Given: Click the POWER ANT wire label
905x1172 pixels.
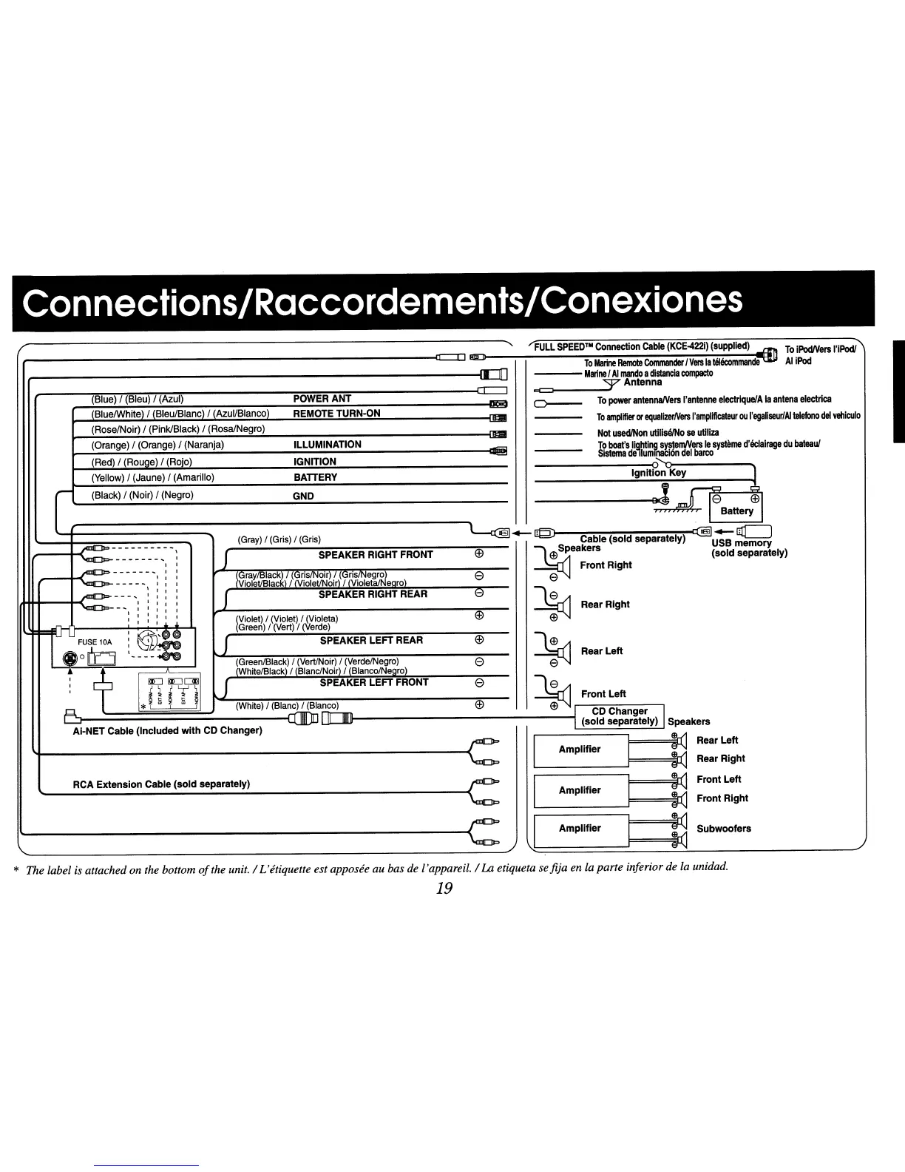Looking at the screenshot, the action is tap(322, 399).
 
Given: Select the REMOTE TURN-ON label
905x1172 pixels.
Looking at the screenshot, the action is tap(336, 414).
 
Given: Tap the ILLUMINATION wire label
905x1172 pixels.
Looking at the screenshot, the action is tap(327, 445).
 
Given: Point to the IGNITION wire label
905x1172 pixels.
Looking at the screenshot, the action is tap(315, 462).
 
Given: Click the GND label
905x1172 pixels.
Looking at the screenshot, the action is tap(304, 496).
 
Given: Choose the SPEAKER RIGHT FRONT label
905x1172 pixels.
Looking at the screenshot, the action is tap(376, 555).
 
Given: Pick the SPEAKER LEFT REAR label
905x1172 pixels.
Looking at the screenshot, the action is tap(371, 640).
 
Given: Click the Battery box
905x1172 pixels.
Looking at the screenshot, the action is tap(736, 511).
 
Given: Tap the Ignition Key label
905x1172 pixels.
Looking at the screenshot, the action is tap(658, 473).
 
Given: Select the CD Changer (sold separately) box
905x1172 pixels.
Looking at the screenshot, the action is tap(620, 716).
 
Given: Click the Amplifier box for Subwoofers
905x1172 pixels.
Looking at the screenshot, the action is tap(580, 829).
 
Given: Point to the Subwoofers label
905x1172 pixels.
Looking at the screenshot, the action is tap(724, 829).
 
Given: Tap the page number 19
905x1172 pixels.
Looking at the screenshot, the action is tap(444, 889).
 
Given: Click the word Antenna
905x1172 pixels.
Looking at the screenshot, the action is tap(643, 383).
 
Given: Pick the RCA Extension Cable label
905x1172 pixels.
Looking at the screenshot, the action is tap(161, 784).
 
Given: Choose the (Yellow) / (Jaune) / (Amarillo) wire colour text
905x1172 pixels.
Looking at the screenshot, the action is tap(152, 477).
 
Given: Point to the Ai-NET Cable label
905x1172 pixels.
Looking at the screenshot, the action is tap(166, 731).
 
